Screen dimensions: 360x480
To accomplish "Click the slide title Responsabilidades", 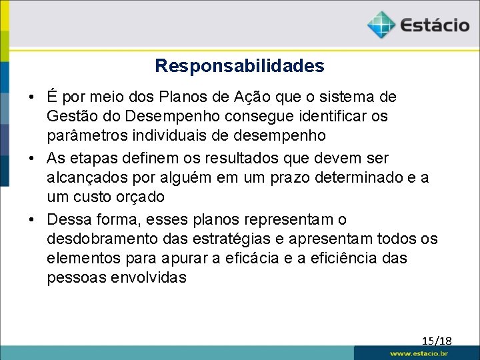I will point(239,66).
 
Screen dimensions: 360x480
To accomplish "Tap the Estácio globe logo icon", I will point(381,25).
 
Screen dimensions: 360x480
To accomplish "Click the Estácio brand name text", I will point(435,25).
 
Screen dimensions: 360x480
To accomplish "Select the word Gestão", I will point(69,116).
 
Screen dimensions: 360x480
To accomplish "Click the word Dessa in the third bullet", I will point(67,220).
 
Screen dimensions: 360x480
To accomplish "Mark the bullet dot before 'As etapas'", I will point(33,159).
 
